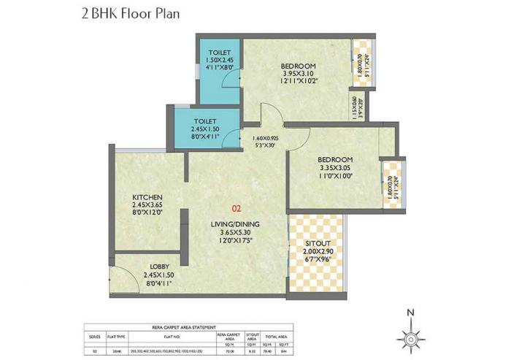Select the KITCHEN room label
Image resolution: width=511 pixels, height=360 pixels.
coord(147,197)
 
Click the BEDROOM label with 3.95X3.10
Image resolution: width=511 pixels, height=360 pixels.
coord(298,64)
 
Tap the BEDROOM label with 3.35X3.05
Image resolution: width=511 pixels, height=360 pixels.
coord(335,160)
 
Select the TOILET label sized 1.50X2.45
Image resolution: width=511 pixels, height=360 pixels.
coord(220,53)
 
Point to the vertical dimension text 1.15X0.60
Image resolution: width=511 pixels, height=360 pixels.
coord(356,108)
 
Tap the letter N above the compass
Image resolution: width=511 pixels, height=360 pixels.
coord(411,315)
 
